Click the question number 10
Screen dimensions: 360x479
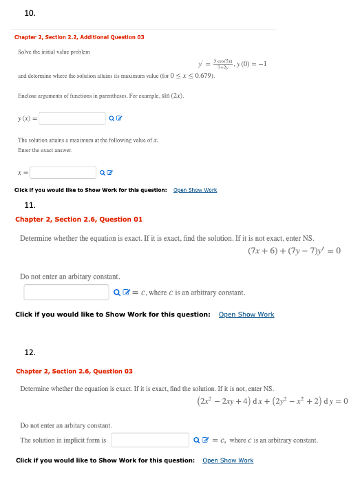[x=30, y=12]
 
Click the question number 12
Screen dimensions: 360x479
[x=30, y=352]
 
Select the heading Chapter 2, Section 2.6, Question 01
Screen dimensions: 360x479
[x=78, y=220]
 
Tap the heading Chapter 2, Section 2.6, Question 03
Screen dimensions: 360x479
[x=74, y=372]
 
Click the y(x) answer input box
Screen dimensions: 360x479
[x=72, y=118]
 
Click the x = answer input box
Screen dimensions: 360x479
[x=63, y=173]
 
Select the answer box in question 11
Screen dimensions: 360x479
[x=66, y=292]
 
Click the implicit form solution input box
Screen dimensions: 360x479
[x=150, y=440]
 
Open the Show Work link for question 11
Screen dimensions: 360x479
[x=246, y=315]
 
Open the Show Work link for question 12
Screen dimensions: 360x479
[x=228, y=460]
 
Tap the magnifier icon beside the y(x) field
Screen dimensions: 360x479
[x=112, y=119]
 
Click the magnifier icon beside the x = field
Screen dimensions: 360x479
[x=102, y=173]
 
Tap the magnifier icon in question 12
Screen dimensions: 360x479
[x=196, y=440]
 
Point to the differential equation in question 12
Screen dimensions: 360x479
[x=272, y=401]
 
